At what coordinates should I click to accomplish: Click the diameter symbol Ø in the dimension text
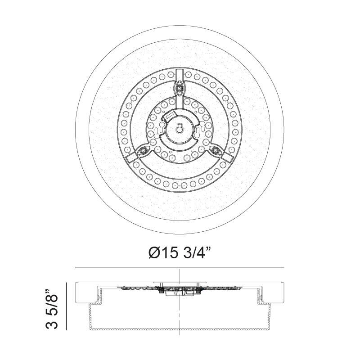point(154,253)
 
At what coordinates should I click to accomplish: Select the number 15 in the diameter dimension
point(171,253)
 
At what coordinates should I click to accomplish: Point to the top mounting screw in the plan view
point(180,89)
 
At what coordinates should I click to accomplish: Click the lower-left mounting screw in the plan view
point(144,150)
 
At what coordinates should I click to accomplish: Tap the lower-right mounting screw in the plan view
point(214,150)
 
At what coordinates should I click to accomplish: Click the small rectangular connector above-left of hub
point(169,116)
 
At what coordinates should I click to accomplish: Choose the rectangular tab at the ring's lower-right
point(227,157)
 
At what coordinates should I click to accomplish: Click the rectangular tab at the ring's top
point(180,74)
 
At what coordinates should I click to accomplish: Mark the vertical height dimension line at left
point(67,306)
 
